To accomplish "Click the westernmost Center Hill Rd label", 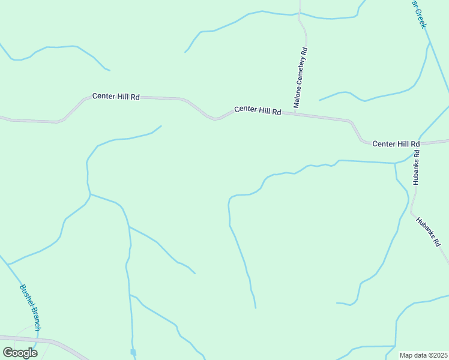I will pyautogui.click(x=116, y=96).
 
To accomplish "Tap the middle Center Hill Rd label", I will pyautogui.click(x=258, y=110).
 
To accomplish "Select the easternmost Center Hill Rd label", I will pyautogui.click(x=396, y=144).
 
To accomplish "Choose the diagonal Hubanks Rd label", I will pyautogui.click(x=428, y=232).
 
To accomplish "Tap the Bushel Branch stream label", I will pyautogui.click(x=30, y=307).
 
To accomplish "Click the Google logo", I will pyautogui.click(x=20, y=353).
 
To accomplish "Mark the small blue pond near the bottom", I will pyautogui.click(x=133, y=352).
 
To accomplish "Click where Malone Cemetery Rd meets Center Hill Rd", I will pyautogui.click(x=295, y=113).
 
